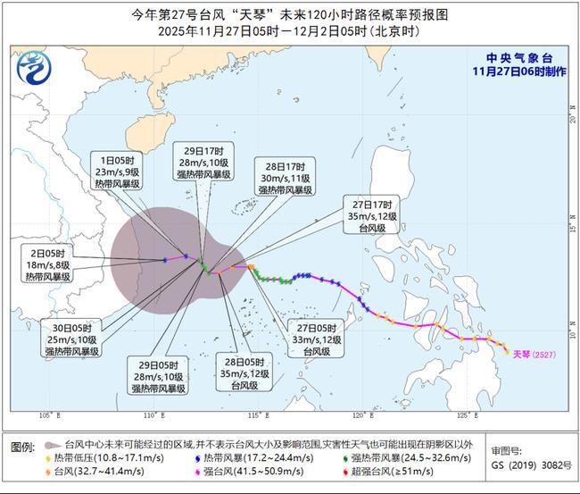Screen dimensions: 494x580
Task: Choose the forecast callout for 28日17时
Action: [x=286, y=178]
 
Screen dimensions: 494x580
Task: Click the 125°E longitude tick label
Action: [x=463, y=416]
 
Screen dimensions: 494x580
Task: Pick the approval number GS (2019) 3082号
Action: [x=528, y=466]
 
